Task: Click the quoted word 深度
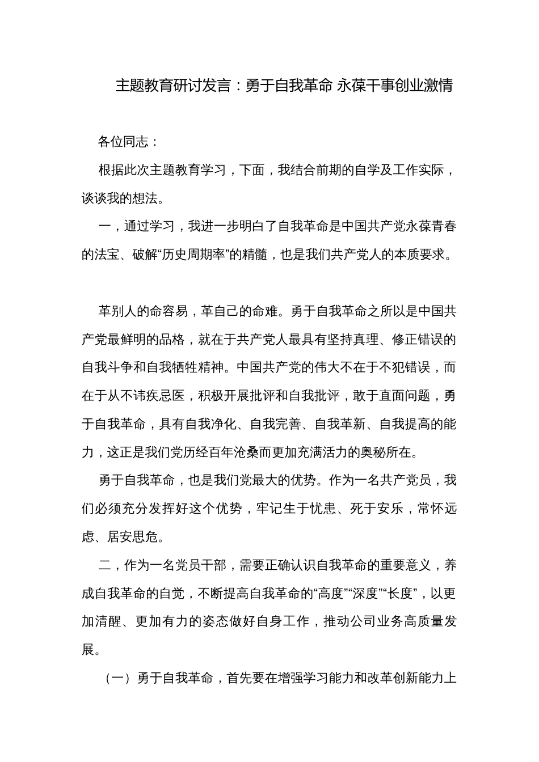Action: coord(365,594)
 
